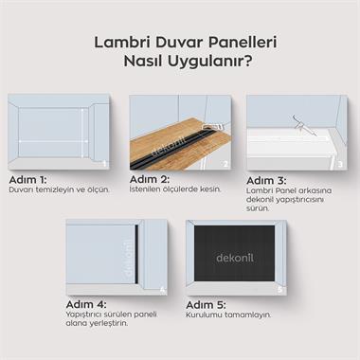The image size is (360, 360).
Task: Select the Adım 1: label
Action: click(x=27, y=179)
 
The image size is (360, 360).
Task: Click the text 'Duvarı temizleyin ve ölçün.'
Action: click(x=60, y=189)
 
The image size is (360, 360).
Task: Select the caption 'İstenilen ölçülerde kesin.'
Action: click(x=175, y=189)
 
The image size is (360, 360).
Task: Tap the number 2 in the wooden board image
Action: click(x=225, y=163)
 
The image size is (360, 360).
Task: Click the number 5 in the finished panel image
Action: click(x=279, y=287)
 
